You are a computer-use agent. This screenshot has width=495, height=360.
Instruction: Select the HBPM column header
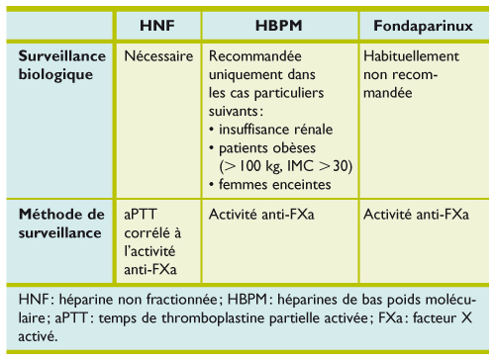click(x=279, y=23)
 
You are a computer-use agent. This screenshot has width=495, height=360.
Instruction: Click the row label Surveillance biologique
click(x=59, y=64)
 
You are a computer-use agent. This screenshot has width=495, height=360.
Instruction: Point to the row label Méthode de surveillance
click(x=60, y=221)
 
